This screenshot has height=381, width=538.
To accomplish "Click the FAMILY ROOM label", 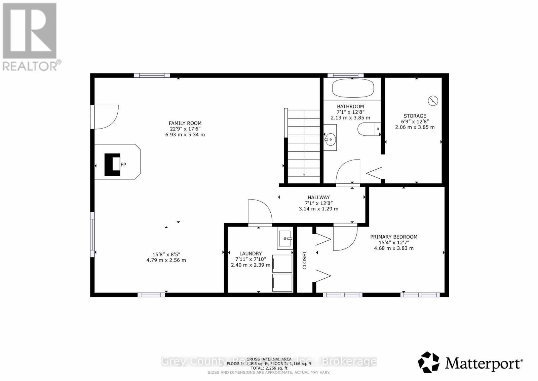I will click(x=185, y=123).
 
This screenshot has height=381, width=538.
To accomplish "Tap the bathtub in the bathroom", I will click(x=353, y=88).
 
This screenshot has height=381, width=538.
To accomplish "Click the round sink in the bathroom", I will click(x=330, y=138).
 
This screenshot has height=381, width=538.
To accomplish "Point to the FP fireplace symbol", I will click(x=113, y=165).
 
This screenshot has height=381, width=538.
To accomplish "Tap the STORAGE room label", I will click(x=415, y=116).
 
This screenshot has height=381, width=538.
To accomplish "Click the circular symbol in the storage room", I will click(x=433, y=100).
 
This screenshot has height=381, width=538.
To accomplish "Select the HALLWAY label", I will click(x=318, y=197).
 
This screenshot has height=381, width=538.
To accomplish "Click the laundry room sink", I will click(x=285, y=239).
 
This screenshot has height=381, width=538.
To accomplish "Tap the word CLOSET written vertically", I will click(x=305, y=260).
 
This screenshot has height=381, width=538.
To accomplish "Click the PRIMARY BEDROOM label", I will click(x=394, y=237).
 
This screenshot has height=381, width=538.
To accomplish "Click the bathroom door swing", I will click(x=348, y=172).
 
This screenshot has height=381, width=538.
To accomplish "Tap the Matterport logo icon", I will click(x=428, y=362).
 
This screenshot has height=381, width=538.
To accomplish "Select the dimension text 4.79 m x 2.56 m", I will click(x=166, y=260).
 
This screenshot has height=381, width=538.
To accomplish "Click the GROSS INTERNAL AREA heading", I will click(x=269, y=359).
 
